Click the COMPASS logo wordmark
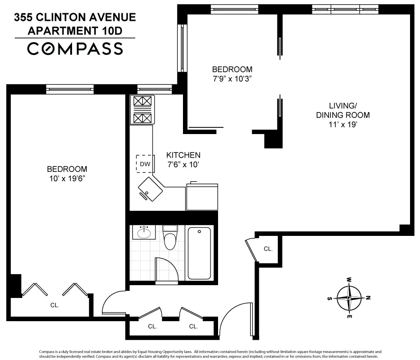pos(75,49)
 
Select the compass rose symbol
pos(349,297)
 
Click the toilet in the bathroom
pos(169,238)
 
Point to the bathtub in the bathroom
pos(199,253)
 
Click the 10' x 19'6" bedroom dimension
pos(67,179)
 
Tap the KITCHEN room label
pos(183,155)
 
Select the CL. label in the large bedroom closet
pos(55,306)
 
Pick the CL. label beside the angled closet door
pos(268,248)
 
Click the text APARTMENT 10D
pos(75,31)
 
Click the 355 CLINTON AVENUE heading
pos(75,18)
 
